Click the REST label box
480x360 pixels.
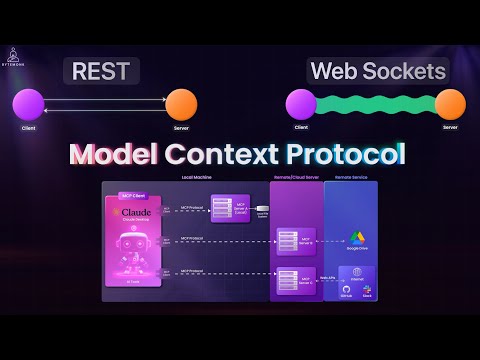pos(102,71)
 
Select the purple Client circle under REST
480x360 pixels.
pos(29,103)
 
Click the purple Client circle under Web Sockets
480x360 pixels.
pos(300,103)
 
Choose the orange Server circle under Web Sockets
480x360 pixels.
pos(451,103)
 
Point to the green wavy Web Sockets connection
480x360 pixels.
pos(375,104)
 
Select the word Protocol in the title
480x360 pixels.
pos(344,155)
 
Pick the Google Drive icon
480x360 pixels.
pos(356,238)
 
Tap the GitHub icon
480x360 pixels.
pos(346,290)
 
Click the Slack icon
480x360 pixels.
pos(367,290)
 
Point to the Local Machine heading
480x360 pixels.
pos(200,177)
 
